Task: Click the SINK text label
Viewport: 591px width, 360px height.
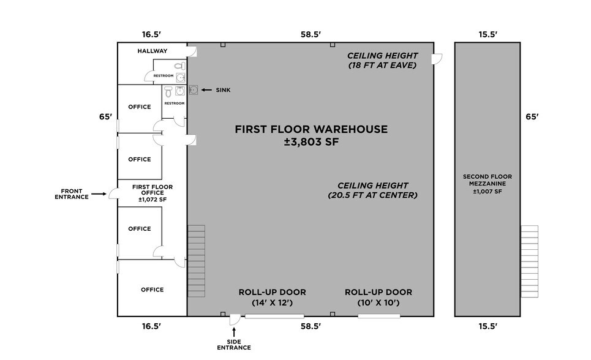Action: [x=223, y=90]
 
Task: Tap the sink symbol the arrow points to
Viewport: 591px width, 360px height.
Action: [x=194, y=90]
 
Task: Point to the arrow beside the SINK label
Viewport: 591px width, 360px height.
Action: [x=207, y=90]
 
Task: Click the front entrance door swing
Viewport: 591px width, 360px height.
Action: [x=113, y=195]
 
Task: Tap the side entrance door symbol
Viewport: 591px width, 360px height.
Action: [x=234, y=320]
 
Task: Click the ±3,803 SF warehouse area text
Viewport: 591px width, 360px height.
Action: [x=311, y=143]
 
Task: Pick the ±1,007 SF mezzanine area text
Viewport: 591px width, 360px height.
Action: [x=487, y=192]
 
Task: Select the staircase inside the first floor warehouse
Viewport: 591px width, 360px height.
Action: [x=196, y=252]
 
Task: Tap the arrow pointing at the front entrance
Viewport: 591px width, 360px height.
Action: [x=99, y=193]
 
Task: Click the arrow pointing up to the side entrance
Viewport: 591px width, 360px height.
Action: [x=234, y=331]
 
